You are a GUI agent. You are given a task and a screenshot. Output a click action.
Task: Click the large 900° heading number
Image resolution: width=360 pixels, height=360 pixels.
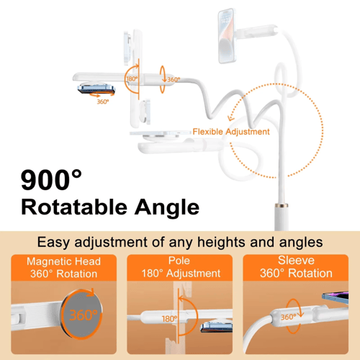[x=51, y=180]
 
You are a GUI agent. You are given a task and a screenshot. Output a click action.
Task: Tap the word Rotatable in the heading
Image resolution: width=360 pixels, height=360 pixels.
[x=74, y=207]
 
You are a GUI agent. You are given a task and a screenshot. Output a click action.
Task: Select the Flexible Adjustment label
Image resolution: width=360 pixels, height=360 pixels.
[x=231, y=132]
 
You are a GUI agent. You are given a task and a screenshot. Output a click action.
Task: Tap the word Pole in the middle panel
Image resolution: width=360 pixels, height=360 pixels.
[x=179, y=261]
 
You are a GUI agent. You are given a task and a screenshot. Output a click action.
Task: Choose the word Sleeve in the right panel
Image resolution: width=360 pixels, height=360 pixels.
[x=296, y=261]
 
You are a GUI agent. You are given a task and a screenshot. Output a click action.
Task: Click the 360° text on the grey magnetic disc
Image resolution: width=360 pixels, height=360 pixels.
[x=84, y=315]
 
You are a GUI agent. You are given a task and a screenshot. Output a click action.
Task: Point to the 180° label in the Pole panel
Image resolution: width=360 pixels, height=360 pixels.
[x=169, y=319]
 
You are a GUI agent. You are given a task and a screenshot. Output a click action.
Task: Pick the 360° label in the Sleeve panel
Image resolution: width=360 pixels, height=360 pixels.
[x=289, y=317]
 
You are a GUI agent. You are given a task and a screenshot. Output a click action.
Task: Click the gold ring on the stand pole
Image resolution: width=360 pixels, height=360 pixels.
[x=282, y=205]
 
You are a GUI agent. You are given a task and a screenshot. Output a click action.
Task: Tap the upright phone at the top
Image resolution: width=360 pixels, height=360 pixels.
[x=227, y=36]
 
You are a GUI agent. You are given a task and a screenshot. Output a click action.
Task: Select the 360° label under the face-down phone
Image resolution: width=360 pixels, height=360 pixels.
[x=103, y=102]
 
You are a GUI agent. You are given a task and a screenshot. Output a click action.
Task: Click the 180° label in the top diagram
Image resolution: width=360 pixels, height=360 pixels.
[x=132, y=78]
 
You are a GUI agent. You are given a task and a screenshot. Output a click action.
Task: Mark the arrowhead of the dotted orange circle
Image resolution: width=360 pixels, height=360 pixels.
[x=230, y=117]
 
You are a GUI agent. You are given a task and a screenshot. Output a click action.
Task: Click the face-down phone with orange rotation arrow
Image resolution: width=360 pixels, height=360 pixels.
[x=96, y=89]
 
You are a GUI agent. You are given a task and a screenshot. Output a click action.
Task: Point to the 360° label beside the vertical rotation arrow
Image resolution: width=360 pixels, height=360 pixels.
[x=174, y=79]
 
